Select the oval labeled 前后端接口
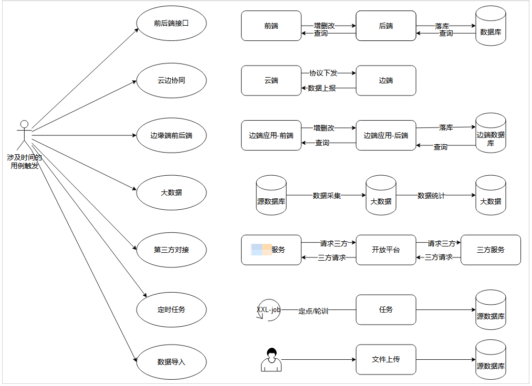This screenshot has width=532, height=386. pos(171,24)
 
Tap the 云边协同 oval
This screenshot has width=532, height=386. pos(171,81)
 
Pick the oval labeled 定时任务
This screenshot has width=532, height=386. pos(171,309)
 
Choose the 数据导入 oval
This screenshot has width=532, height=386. pos(171,362)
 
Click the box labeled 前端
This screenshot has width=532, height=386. pos(271,26)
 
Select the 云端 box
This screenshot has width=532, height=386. pos(271,81)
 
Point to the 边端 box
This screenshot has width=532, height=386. pos(385,81)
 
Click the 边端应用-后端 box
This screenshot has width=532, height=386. pos(385,135)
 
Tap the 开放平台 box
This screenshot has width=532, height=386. pos(385,250)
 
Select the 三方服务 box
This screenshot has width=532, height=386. pos(491,250)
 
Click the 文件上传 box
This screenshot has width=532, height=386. pos(385,359)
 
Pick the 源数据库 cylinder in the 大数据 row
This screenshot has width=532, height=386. pos(271,196)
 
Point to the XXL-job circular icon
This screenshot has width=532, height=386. pos(268,310)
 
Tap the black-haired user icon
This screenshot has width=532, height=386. pos(271,360)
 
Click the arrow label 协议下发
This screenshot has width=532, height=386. pos(323,73)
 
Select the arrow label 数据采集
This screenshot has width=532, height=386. pos(327,196)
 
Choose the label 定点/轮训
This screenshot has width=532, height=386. pos(313,310)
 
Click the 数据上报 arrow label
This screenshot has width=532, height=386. pos(322,88)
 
